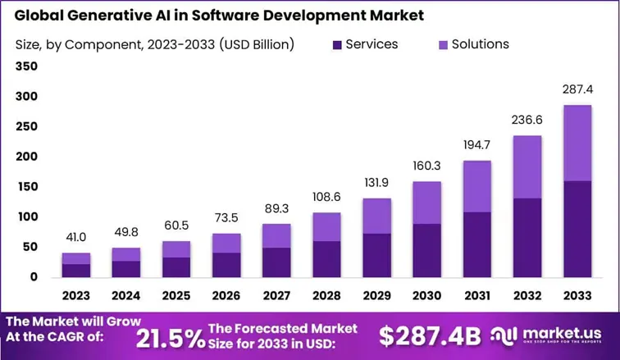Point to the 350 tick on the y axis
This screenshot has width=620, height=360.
pos(26,66)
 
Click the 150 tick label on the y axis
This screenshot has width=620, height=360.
pos(26,187)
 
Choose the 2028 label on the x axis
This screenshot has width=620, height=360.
pos(327,294)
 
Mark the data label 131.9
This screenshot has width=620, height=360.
pos(377,181)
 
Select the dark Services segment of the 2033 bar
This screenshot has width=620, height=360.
pos(577,228)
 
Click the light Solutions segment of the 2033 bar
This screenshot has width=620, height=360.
pos(577,143)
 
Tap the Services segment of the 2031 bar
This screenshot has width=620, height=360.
pos(476,244)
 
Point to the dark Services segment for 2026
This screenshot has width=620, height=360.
pos(227,264)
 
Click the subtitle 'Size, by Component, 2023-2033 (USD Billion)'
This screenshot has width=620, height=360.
pos(155,44)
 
